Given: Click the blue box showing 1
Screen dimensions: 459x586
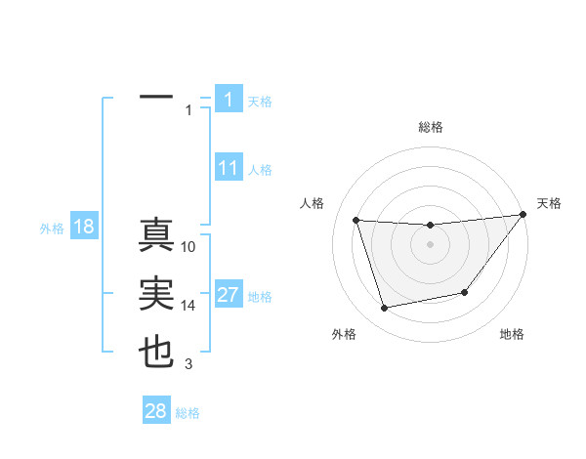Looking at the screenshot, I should click(229, 100).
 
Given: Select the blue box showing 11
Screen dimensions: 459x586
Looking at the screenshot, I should click(229, 168).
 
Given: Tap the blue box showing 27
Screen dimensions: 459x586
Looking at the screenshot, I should click(229, 295).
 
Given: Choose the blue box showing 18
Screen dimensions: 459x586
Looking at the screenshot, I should click(83, 228).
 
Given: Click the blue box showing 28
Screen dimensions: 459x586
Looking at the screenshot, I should click(156, 411).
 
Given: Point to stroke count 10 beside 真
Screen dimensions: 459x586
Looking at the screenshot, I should click(189, 247).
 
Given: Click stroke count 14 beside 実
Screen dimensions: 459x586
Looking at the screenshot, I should click(189, 306).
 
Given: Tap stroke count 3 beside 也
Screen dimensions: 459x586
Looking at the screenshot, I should click(188, 364).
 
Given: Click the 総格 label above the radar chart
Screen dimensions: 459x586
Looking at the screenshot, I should click(431, 127).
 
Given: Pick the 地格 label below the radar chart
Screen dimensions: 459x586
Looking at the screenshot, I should click(512, 334).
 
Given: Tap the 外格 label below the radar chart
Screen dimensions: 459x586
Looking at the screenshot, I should click(343, 334).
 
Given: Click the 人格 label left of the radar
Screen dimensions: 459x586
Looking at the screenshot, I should click(312, 203).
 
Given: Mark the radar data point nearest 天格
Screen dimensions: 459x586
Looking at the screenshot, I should click(523, 215).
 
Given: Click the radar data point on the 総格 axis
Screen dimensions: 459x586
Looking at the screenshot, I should click(430, 226).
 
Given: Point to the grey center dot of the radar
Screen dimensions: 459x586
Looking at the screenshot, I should click(430, 244).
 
